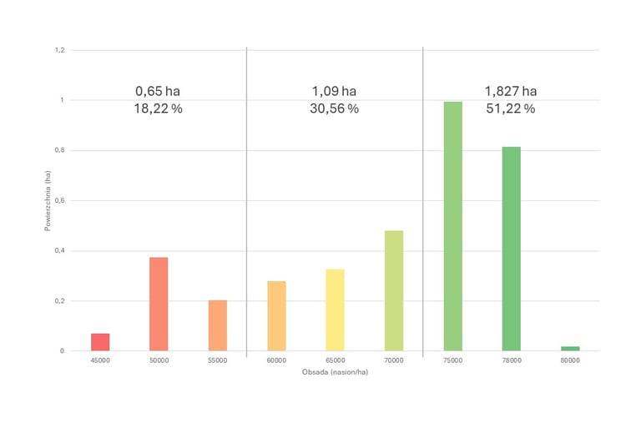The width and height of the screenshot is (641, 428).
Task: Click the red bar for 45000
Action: point(100,342)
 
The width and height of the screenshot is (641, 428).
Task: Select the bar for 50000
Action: point(159,304)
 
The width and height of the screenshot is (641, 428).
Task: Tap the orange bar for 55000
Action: point(218,325)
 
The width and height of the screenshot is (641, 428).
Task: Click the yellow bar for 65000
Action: point(335,310)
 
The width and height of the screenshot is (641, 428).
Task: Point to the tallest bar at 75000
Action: point(452,226)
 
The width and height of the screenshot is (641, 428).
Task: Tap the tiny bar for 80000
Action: point(570,348)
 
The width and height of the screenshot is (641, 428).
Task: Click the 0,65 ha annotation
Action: point(159,91)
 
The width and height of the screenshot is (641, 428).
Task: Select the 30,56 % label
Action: point(335,109)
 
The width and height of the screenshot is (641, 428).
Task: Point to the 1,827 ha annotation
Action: point(511,91)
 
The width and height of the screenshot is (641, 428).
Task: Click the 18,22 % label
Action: point(159,109)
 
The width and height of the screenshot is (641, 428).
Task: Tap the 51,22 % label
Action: point(511,109)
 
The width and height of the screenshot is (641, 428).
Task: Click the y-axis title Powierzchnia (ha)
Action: point(48,200)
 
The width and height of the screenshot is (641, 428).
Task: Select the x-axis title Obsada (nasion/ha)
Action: point(335,371)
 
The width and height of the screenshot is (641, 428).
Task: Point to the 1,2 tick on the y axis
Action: point(59,50)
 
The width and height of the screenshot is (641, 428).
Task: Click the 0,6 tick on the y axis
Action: point(59,200)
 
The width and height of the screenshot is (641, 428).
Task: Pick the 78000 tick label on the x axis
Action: point(511,360)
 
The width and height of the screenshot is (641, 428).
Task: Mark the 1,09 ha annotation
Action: point(335,91)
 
